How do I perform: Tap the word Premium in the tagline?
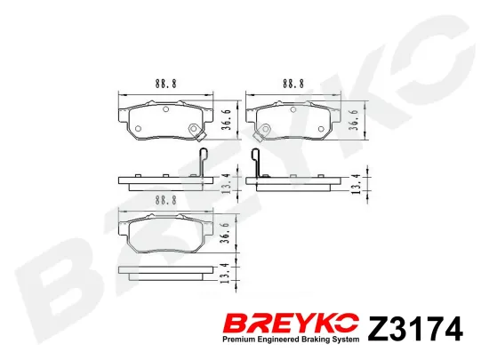tap(240, 340)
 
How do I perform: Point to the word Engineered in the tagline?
tap(279, 340)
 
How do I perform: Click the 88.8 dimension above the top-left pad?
tap(166, 84)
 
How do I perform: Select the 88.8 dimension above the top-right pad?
tap(293, 84)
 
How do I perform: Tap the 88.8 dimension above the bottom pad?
tap(166, 200)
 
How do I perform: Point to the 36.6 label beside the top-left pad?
tap(227, 120)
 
